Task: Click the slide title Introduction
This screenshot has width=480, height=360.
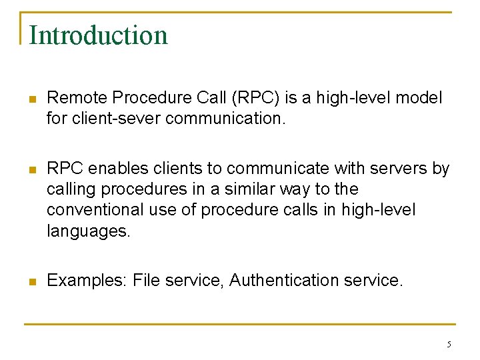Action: click(x=98, y=35)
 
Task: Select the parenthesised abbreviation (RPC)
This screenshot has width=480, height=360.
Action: click(x=255, y=98)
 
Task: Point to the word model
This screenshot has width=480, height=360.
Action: click(x=418, y=98)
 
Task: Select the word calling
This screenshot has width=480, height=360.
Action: click(x=69, y=189)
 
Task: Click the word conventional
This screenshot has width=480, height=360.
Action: click(x=95, y=210)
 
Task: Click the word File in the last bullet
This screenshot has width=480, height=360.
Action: click(x=146, y=281)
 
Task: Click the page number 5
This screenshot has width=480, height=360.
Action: click(x=449, y=345)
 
